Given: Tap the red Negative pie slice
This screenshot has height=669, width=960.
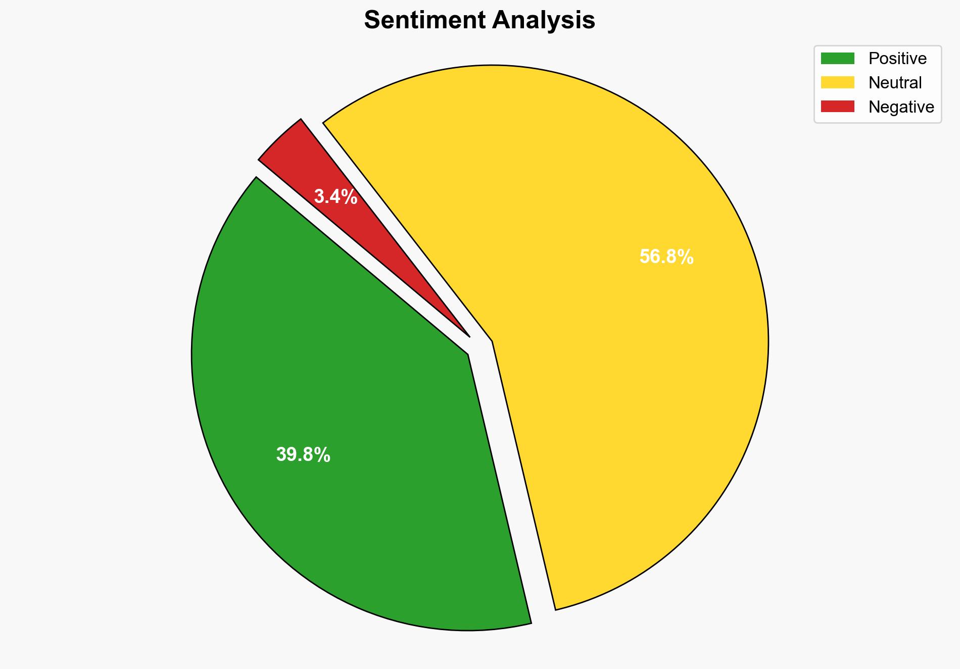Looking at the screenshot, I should tap(323, 172).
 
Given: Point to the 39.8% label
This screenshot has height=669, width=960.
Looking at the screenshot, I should tap(303, 455).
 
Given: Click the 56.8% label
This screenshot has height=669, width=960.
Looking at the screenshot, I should tap(666, 257).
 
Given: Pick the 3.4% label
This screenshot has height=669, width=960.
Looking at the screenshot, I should tap(335, 197).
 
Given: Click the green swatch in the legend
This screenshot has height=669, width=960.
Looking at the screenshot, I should tap(837, 59).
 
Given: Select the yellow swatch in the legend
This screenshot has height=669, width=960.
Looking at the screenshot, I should tap(837, 82).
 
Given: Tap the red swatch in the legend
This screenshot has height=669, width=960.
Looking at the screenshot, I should tap(837, 107).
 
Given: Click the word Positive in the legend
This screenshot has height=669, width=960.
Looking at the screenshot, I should tap(897, 59).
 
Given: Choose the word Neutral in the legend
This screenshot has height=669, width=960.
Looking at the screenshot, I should tap(895, 82).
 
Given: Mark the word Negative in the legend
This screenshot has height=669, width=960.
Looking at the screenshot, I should tap(901, 107).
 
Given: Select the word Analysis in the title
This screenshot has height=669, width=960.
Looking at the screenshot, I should tap(544, 20).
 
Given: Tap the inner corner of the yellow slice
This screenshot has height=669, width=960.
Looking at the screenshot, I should tap(492, 343).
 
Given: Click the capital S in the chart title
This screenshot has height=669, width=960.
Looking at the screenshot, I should tap(372, 20).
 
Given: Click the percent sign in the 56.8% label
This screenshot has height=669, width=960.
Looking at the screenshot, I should tap(686, 257).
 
